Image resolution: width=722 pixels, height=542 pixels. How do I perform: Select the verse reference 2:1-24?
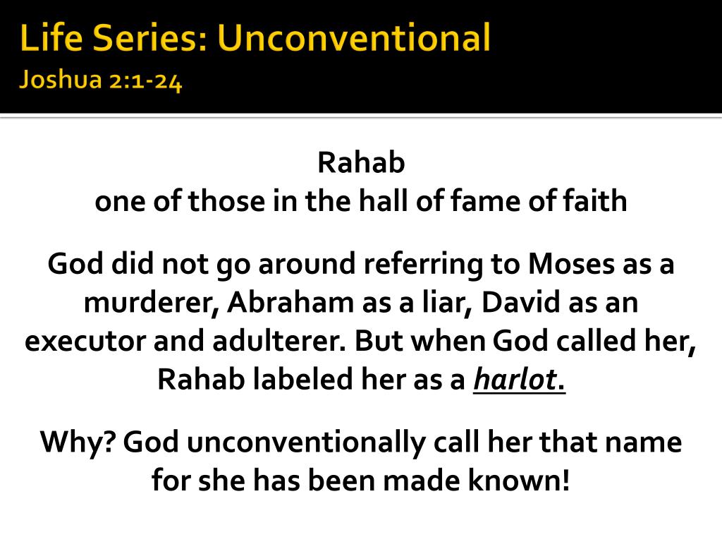[145, 81]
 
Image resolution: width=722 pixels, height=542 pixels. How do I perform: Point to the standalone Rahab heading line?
[361, 163]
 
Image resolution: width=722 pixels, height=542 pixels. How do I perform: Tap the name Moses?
[571, 264]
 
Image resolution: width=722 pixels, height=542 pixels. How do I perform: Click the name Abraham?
[290, 303]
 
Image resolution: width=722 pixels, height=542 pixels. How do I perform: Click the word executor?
[85, 342]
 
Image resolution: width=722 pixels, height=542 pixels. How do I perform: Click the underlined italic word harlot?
[515, 380]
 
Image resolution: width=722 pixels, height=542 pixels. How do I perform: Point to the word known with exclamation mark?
[519, 480]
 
